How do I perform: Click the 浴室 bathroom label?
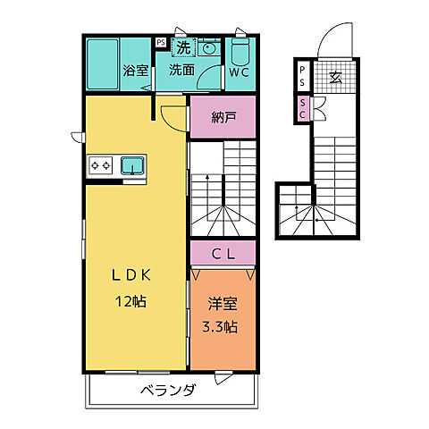coord(136,71)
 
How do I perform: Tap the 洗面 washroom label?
coord(181,70)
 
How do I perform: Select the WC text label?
coord(240,72)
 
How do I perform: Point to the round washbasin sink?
coord(207,48)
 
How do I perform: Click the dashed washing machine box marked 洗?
coord(183,47)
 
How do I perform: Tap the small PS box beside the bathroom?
coord(161,42)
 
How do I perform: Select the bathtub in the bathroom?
coord(103,64)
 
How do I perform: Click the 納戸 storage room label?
coord(223,117)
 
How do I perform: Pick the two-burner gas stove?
coord(100,165)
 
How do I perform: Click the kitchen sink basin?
coord(132,165)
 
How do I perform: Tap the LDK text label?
coord(131,275)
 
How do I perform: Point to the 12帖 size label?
coord(131,302)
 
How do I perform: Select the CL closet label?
coord(223,254)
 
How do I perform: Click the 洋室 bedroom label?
coord(223,304)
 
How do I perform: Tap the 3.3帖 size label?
coord(220,327)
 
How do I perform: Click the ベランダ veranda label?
coord(168,390)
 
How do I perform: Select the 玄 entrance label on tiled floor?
coord(335,77)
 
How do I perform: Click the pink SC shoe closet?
coord(303,109)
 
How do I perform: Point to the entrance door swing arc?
coord(328,31)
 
